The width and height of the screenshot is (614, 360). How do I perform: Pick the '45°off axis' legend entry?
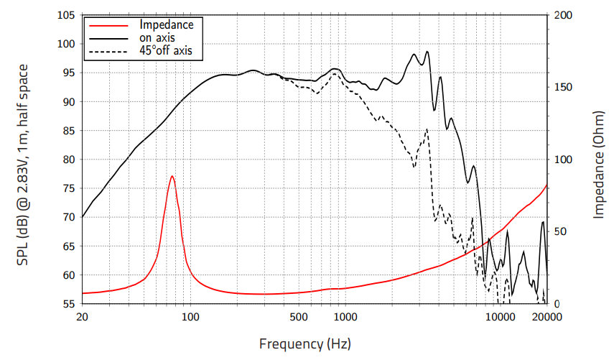tap(166, 51)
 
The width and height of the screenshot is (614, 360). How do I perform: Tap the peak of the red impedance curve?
tap(172, 176)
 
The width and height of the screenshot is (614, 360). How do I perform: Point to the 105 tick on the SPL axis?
tap(66, 15)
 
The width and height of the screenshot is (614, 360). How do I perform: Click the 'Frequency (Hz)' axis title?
tap(305, 344)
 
